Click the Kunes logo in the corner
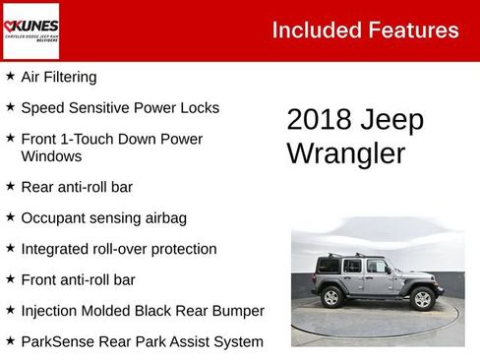pyautogui.click(x=30, y=30)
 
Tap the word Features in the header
pyautogui.click(x=414, y=30)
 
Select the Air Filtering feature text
pyautogui.click(x=59, y=77)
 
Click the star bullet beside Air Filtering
pyautogui.click(x=10, y=76)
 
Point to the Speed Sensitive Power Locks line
pyautogui.click(x=120, y=108)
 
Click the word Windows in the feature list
pyautogui.click(x=51, y=156)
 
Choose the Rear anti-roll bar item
pyautogui.click(x=77, y=187)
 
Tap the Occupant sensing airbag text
pyautogui.click(x=104, y=218)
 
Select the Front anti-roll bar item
pyautogui.click(x=79, y=280)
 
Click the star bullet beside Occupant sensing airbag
pyautogui.click(x=10, y=217)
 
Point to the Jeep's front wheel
pyautogui.click(x=423, y=297)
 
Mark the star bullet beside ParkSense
pyautogui.click(x=10, y=341)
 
